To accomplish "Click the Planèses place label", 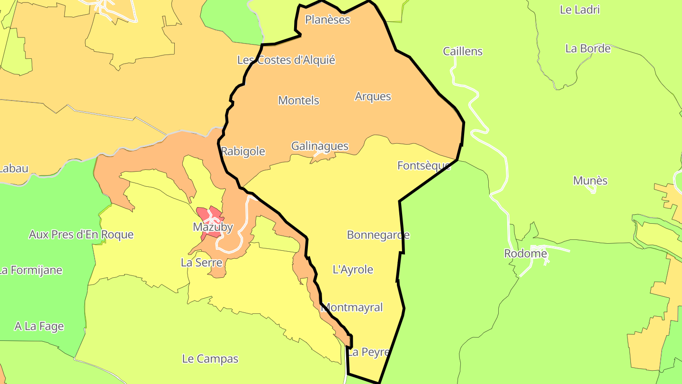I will pos(327,19).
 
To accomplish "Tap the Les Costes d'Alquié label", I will pos(286,60).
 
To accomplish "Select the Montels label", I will pos(298,101).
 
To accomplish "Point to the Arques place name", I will pos(373,96).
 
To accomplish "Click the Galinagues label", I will pos(320,146).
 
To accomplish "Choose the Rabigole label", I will pos(243,151).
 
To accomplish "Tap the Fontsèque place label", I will pos(423,165).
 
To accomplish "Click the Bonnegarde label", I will pos(378,235).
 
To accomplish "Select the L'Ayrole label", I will pos(353,270).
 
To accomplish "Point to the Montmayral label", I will pos(352,307).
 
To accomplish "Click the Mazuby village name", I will pos(213,227).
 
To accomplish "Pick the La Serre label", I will pos(201,262).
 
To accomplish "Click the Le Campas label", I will pos(210,359).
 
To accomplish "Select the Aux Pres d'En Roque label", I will pos(81,235).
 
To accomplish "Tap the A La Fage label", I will pos(39,326).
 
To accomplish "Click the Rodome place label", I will pos(525,254).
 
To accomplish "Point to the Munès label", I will pos(590,181).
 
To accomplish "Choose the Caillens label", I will pos(462,51).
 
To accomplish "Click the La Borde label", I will pos(588,48).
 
